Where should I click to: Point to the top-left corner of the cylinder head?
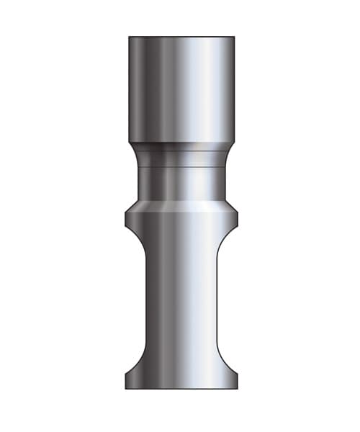coord(130,37)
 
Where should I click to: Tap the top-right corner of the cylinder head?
coord(234,37)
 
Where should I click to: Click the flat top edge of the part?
coord(181,37)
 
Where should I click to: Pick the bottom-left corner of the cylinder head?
coord(130,142)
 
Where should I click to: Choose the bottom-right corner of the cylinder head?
coord(234,142)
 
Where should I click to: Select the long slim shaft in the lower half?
coord(181,302)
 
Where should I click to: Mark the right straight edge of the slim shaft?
coord(217,302)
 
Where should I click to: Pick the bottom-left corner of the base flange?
coord(126,389)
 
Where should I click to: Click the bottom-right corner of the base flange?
coord(237,389)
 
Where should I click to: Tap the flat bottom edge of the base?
coord(181,389)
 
